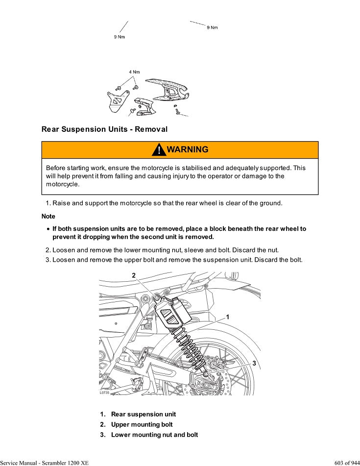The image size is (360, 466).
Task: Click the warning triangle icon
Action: click(159, 150)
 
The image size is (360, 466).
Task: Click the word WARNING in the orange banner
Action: click(188, 149)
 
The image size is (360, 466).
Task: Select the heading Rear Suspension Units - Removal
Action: click(104, 129)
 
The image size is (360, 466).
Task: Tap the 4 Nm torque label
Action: click(134, 72)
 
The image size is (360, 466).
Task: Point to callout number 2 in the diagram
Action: click(133, 275)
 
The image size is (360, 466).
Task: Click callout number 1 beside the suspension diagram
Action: click(227, 317)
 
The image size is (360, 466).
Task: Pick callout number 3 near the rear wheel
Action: click(254, 363)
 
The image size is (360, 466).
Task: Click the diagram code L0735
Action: click(104, 392)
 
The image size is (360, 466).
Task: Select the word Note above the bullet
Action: click(48, 216)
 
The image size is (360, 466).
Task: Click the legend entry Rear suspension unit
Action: click(144, 414)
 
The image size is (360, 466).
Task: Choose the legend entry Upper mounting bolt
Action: click(142, 424)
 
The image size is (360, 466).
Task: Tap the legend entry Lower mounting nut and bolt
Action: click(154, 435)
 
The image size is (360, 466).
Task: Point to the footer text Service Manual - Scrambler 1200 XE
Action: click(44, 463)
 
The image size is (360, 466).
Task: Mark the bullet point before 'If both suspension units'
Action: click(48, 229)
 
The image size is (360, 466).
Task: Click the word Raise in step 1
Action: click(61, 203)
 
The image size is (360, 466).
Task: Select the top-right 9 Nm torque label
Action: click(212, 27)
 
